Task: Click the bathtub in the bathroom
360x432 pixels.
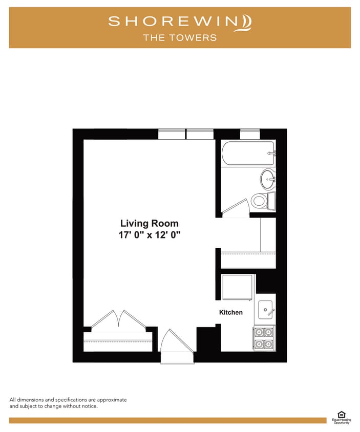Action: click(x=248, y=153)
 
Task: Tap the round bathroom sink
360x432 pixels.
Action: click(x=267, y=179)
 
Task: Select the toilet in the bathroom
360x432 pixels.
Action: click(x=260, y=200)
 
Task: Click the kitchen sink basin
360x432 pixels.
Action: click(x=265, y=309)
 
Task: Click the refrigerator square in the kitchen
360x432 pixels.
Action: click(x=237, y=288)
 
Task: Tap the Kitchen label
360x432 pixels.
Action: click(x=231, y=312)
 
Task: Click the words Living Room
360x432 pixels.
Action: click(x=149, y=223)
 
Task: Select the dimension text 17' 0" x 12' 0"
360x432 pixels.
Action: click(x=149, y=235)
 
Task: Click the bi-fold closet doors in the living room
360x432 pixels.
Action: click(x=118, y=319)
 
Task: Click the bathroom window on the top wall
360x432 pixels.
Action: click(x=250, y=135)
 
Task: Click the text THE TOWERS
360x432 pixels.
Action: click(x=180, y=37)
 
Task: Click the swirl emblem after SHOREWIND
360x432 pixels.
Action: click(x=246, y=23)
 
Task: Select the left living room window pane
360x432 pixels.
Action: click(x=172, y=135)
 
